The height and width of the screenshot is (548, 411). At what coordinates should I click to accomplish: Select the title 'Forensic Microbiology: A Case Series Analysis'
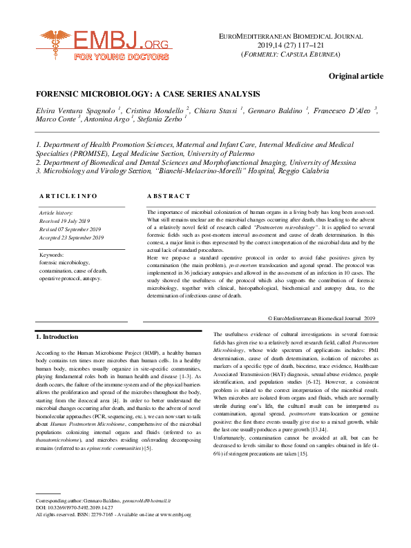tap(148, 94)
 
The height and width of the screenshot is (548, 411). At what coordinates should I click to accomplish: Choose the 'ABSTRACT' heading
tap(168, 196)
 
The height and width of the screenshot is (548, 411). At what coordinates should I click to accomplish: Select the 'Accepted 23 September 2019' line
tap(71, 238)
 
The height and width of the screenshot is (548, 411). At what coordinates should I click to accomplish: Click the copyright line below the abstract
tap(321, 317)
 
